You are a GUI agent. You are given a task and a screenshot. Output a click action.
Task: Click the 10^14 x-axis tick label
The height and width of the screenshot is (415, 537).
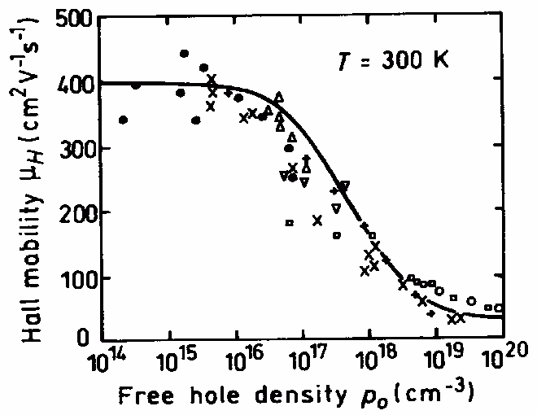tap(103, 360)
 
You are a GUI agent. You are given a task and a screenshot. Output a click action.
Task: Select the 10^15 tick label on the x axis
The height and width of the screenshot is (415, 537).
tap(170, 360)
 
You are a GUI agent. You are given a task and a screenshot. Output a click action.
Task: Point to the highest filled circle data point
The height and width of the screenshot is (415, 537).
tap(184, 54)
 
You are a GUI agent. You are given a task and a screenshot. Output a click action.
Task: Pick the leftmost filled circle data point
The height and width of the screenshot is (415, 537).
tap(123, 120)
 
